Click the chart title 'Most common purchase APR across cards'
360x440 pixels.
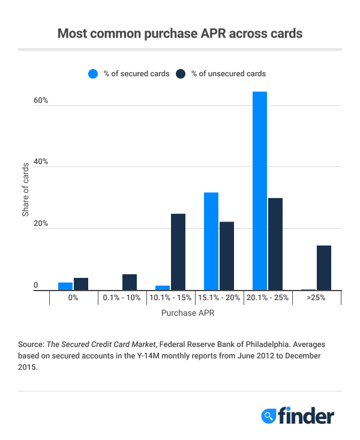coord(179,34)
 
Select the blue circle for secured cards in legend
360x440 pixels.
coord(93,74)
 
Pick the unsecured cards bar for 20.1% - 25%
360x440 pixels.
coord(275,244)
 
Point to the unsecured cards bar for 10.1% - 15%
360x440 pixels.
coord(178,252)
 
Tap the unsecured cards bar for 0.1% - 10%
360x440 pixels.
coord(130,282)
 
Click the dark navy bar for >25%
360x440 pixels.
coord(324,268)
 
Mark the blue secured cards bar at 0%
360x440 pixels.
coord(65,286)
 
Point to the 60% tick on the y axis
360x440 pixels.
coord(40,101)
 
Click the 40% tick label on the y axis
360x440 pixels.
coord(40,163)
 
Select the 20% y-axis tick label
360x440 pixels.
coord(40,225)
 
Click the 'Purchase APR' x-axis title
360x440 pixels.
coord(188,313)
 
